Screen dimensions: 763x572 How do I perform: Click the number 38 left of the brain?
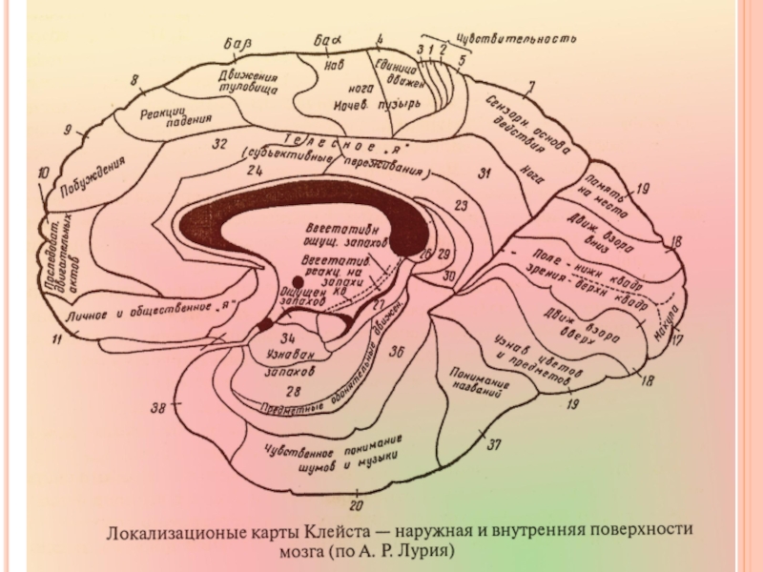159,408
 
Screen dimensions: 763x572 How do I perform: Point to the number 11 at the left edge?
60,337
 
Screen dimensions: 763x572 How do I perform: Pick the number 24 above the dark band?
254,171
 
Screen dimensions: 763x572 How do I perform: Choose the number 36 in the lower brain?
397,352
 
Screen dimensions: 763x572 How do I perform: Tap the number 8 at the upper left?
134,80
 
